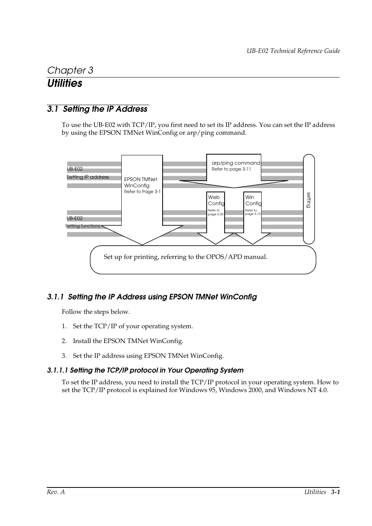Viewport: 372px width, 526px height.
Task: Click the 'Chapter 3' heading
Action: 70,70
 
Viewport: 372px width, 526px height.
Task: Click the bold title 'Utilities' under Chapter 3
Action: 65,83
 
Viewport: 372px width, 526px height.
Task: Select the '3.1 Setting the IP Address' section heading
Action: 97,109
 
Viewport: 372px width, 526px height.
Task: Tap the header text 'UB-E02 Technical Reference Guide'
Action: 293,51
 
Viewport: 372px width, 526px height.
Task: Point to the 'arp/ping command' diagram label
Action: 236,163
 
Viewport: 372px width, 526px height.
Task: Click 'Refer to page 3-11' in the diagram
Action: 231,169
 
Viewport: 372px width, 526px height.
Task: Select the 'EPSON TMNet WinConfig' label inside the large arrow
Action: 140,182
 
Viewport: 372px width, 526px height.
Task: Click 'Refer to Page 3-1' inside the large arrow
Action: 142,192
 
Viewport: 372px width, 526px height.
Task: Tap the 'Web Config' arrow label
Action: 216,200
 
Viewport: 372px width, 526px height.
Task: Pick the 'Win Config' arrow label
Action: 253,200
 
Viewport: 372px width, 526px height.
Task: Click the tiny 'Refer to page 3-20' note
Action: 215,212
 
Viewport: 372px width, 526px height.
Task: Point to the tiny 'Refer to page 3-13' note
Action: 252,212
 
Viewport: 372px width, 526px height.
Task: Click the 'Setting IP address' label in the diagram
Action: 88,177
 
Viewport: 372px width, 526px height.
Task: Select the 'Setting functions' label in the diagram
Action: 83,226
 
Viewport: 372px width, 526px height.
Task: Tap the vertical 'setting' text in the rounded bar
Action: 308,200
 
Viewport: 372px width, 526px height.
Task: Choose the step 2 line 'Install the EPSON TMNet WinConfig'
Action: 128,341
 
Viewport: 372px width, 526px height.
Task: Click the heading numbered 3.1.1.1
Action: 145,370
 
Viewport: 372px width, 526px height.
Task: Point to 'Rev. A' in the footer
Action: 56,492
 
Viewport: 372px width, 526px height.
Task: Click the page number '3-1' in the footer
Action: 335,492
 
